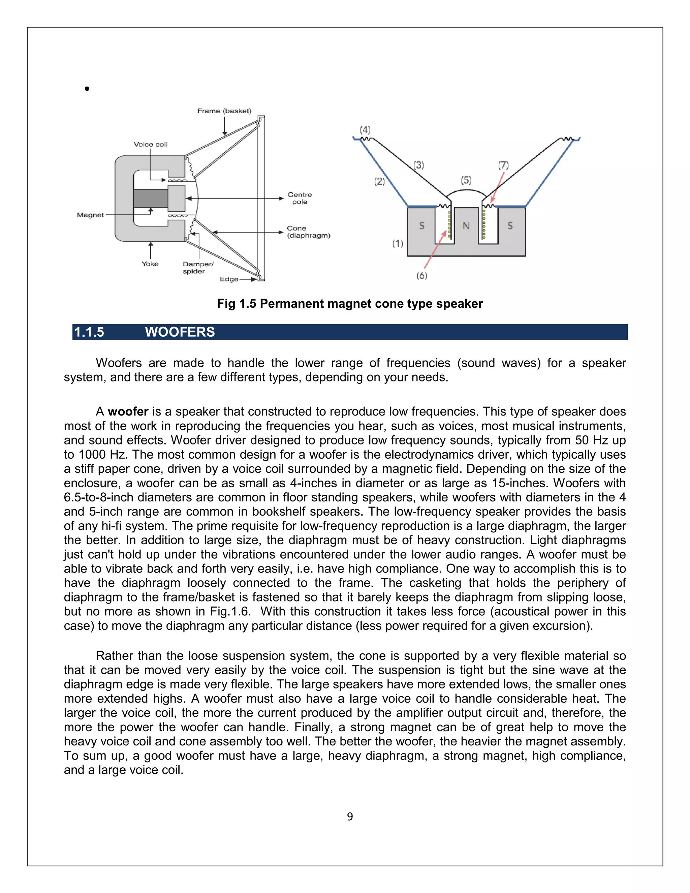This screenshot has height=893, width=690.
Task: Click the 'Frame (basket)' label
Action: click(x=224, y=111)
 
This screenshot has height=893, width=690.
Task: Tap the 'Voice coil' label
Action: click(x=150, y=144)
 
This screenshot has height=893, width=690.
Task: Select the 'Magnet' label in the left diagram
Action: click(x=90, y=215)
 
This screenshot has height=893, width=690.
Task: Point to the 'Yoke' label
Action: click(x=150, y=264)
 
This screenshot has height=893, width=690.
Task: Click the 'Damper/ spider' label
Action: click(x=197, y=268)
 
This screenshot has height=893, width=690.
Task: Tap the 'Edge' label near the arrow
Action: click(x=228, y=279)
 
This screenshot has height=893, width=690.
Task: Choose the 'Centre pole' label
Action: click(x=300, y=198)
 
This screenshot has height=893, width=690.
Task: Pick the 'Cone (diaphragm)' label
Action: click(x=308, y=232)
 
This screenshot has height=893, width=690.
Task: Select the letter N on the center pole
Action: click(x=466, y=225)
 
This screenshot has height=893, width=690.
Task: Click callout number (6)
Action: click(x=422, y=276)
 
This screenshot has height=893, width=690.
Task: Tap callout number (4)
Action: click(x=365, y=130)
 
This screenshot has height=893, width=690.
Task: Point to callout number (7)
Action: click(x=503, y=165)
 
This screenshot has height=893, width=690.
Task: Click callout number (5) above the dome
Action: click(x=466, y=180)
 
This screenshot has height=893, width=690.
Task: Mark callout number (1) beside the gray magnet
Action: click(x=398, y=244)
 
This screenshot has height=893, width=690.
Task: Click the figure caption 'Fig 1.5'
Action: click(x=237, y=304)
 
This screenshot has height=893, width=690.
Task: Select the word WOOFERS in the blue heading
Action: click(x=180, y=332)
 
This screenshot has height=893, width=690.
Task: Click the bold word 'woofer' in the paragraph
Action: click(x=128, y=411)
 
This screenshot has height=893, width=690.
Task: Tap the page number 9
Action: click(x=350, y=817)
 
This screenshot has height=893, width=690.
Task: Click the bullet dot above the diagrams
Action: click(x=87, y=89)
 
